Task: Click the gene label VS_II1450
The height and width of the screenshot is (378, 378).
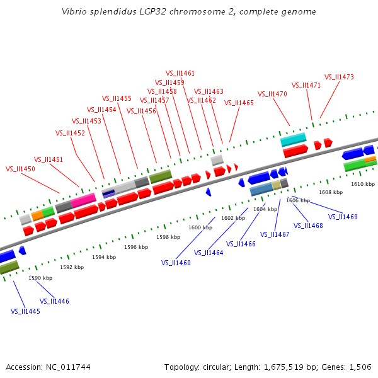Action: tap(20, 169)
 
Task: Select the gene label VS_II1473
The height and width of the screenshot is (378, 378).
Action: tap(339, 77)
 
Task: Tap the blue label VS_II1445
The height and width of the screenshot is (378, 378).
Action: tap(25, 311)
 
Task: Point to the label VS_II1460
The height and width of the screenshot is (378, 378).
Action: tap(176, 263)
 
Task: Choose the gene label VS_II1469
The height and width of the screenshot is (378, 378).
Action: tap(343, 217)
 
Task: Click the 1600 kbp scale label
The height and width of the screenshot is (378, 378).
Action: tap(200, 227)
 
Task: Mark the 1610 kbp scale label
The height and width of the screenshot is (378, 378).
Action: tap(363, 184)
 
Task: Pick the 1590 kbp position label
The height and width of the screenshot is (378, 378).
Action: tap(40, 278)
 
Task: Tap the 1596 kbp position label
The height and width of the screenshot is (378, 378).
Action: tap(136, 247)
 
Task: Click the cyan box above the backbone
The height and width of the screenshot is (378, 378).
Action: tap(293, 139)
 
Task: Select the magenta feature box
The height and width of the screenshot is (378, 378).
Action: tap(83, 201)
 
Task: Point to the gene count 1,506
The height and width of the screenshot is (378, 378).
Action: tap(359, 367)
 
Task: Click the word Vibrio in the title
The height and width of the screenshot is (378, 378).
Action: tap(74, 12)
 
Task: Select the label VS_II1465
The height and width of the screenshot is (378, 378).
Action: tap(239, 103)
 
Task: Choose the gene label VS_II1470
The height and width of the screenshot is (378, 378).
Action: tap(272, 94)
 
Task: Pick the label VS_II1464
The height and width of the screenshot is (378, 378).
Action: tap(209, 253)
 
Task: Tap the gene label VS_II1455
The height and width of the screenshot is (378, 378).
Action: tap(117, 98)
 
